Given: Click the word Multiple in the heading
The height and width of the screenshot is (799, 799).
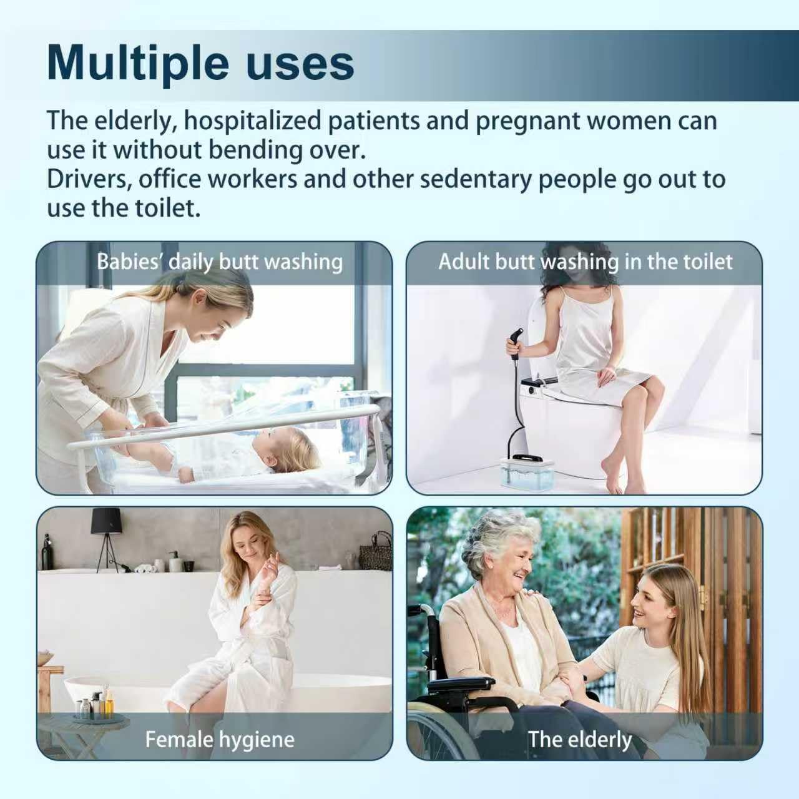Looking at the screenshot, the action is (x=138, y=64).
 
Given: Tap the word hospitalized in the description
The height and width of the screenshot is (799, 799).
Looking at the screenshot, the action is (x=253, y=120).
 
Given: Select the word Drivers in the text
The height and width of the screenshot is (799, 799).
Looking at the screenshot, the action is (x=89, y=179).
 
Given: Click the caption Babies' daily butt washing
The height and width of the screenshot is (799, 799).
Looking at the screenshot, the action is (x=220, y=262).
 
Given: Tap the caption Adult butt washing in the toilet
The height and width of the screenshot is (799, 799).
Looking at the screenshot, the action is (x=586, y=262).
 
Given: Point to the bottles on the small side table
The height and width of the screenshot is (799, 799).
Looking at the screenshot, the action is (x=94, y=702).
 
